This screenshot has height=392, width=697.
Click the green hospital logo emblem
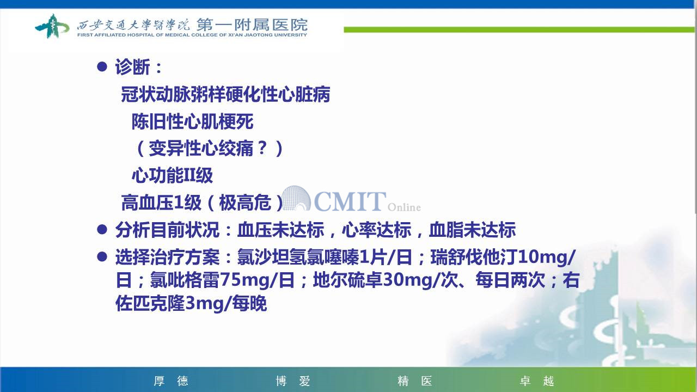pos(52,26)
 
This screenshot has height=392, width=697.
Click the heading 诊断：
pos(139,66)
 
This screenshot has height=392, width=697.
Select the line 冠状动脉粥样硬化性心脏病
pos(225,94)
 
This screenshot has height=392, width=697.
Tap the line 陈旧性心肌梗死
pos(192,121)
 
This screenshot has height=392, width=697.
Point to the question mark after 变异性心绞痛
pos(262,148)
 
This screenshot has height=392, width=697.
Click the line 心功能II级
pos(172,175)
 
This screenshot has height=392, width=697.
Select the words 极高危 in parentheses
pos(245,203)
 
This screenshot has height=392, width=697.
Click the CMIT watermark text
pos(350,201)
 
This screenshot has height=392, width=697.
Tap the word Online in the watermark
pos(404,207)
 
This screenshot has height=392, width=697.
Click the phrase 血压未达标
pos(280,230)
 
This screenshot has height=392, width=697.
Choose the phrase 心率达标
pos(376,230)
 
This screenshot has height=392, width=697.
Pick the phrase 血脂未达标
pos(472,230)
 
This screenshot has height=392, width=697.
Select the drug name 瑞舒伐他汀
pos(474,257)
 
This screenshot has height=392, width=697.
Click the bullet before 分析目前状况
pos(102,230)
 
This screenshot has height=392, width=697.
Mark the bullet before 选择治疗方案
pos(102,256)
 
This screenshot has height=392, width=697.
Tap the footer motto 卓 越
pos(537,381)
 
